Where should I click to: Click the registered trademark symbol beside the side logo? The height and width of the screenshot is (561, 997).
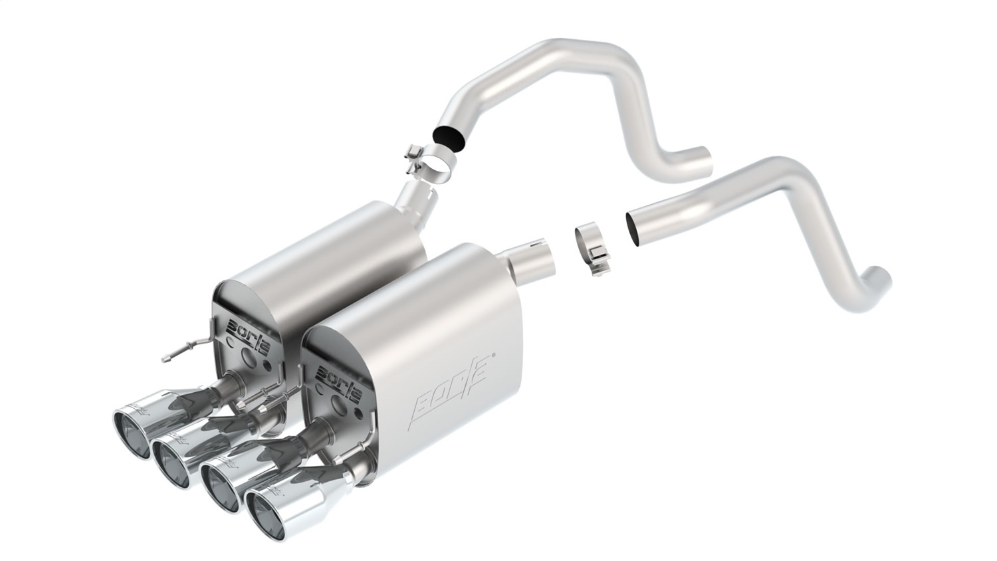coord(493,356)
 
